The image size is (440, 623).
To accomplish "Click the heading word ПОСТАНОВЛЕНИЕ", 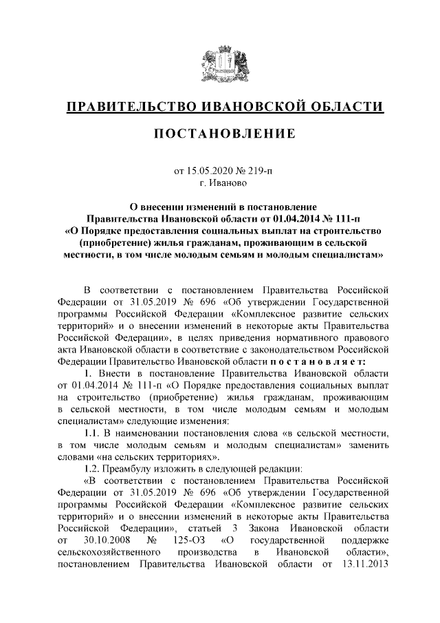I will (x=220, y=132).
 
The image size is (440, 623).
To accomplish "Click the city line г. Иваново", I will (x=220, y=183).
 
